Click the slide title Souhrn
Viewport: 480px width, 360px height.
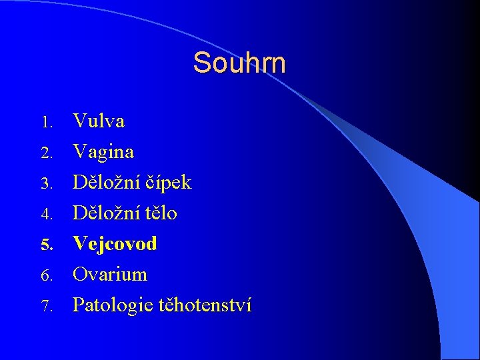[239, 63]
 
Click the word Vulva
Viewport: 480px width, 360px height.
[99, 121]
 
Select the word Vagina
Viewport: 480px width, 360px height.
[103, 152]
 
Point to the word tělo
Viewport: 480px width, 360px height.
[159, 213]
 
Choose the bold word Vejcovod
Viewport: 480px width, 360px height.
[115, 243]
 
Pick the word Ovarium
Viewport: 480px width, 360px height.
[110, 274]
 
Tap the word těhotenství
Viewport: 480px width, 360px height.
[205, 305]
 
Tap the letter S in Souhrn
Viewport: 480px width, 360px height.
[201, 63]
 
